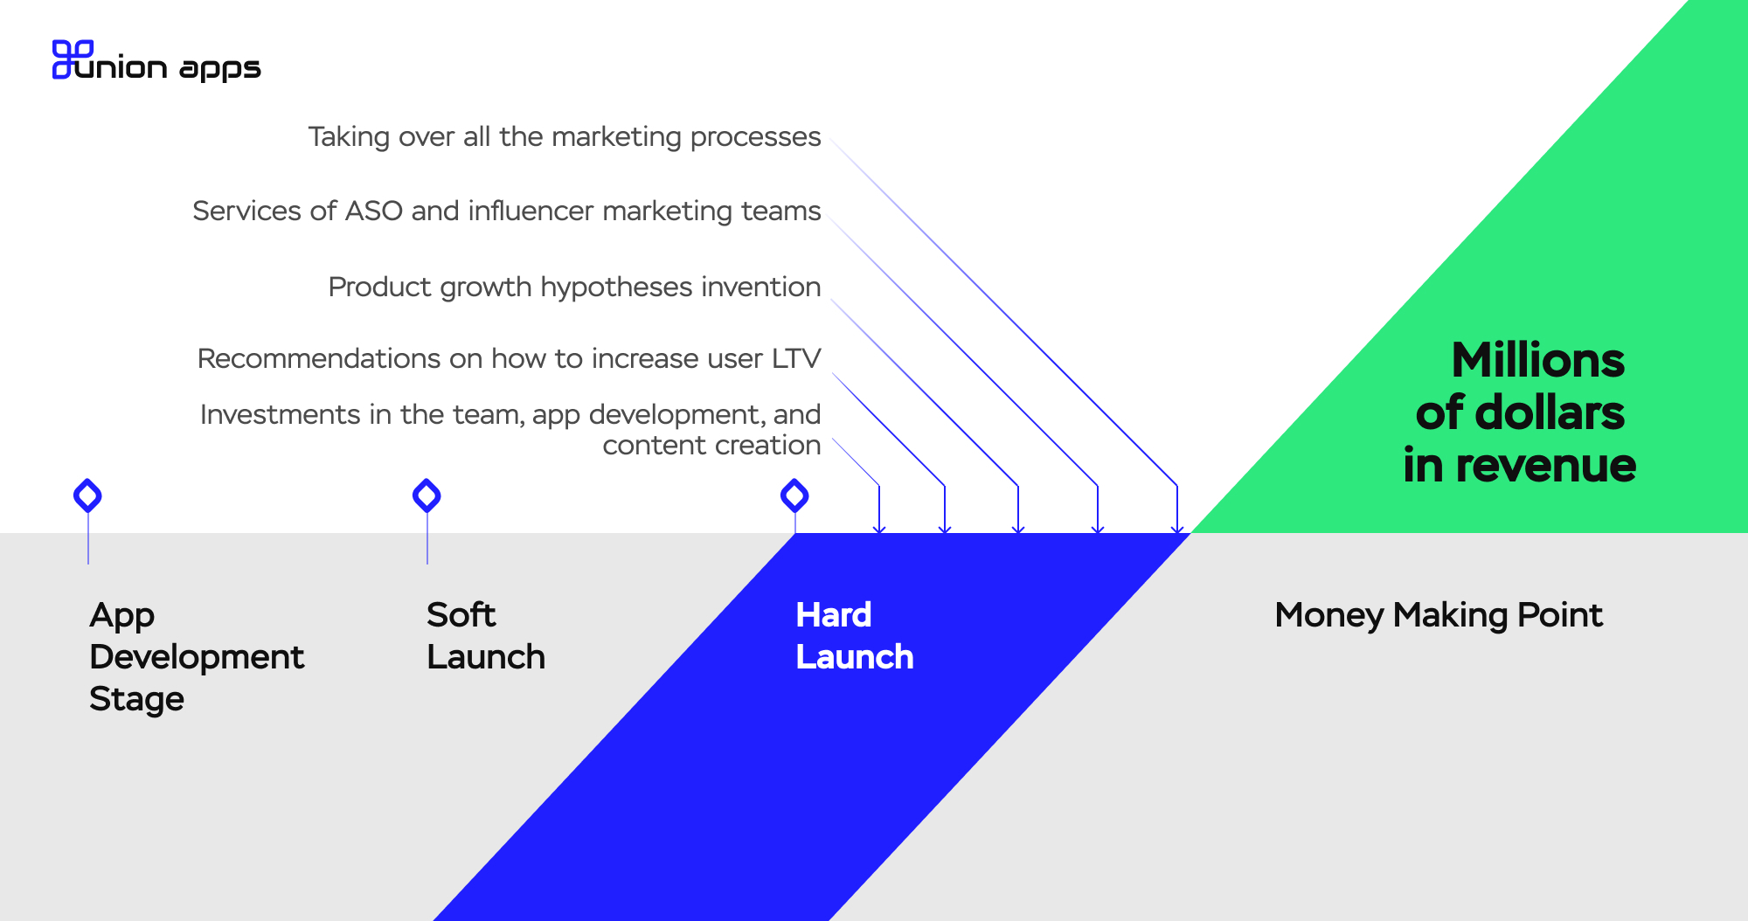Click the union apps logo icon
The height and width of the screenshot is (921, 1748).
pyautogui.click(x=73, y=59)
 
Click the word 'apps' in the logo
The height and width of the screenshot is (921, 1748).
pyautogui.click(x=220, y=69)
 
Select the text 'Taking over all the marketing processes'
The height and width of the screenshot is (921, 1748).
pyautogui.click(x=565, y=137)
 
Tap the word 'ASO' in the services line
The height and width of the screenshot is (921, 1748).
pyautogui.click(x=374, y=211)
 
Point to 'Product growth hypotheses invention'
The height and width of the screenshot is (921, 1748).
pyautogui.click(x=574, y=287)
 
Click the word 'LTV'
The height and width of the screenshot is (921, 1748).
pyautogui.click(x=796, y=358)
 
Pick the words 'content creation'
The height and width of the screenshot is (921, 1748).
pyautogui.click(x=711, y=446)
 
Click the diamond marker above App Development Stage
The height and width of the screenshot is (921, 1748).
pyautogui.click(x=87, y=495)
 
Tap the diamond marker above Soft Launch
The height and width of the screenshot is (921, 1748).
pyautogui.click(x=427, y=495)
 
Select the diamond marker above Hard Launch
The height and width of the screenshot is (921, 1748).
pyautogui.click(x=794, y=495)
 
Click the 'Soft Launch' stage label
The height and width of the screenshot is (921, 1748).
pyautogui.click(x=486, y=636)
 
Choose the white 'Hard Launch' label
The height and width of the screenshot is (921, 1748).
pyautogui.click(x=855, y=636)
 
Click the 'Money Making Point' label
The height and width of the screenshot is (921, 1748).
pyautogui.click(x=1439, y=616)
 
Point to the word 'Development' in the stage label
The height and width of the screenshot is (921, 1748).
pyautogui.click(x=197, y=657)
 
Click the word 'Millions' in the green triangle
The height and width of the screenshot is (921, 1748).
pyautogui.click(x=1538, y=360)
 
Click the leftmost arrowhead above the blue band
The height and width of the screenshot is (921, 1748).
pyautogui.click(x=879, y=529)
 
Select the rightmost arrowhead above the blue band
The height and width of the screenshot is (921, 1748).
pyautogui.click(x=1177, y=529)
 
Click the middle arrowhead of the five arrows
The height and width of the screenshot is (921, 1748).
pyautogui.click(x=1018, y=529)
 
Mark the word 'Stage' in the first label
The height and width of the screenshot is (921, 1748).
pyautogui.click(x=136, y=700)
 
